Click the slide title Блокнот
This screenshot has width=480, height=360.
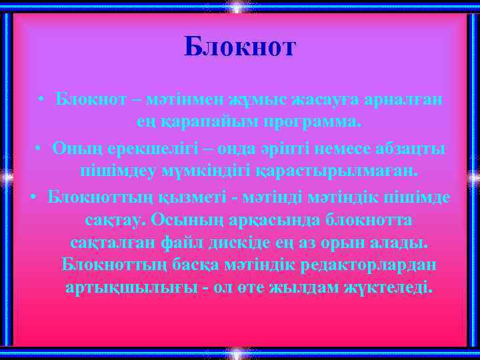tap(239, 47)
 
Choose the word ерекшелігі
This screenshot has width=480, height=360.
tap(139, 147)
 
